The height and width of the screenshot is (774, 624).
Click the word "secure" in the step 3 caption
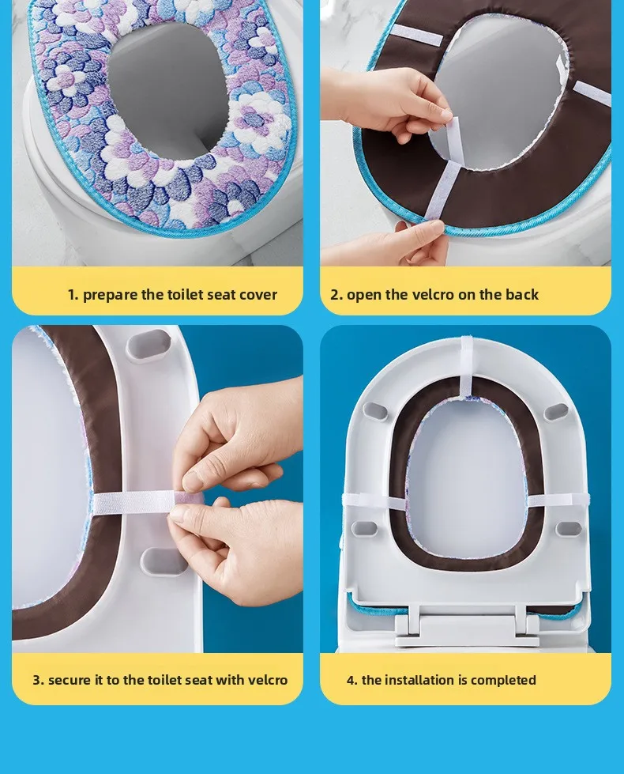69,680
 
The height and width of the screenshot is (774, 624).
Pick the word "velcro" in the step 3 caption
267,680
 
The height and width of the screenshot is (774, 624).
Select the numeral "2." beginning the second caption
336,295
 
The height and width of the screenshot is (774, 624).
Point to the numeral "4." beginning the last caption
352,680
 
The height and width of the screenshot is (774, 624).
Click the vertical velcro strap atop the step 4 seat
467,366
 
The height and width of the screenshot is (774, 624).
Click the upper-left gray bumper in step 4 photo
374,410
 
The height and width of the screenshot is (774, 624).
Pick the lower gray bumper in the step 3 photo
162,561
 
